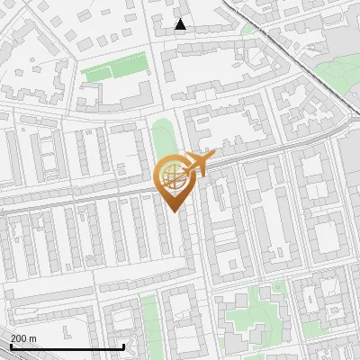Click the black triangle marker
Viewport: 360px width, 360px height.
[x=181, y=24]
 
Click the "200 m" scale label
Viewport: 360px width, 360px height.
[x=24, y=337]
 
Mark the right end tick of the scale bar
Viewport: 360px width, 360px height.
[x=123, y=346]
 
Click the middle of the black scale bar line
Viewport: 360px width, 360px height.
[x=67, y=347]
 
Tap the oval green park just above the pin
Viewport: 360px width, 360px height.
[x=162, y=139]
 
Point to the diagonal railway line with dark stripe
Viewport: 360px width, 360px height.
[x=297, y=54]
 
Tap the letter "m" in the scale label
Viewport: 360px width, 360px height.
[x=33, y=337]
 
